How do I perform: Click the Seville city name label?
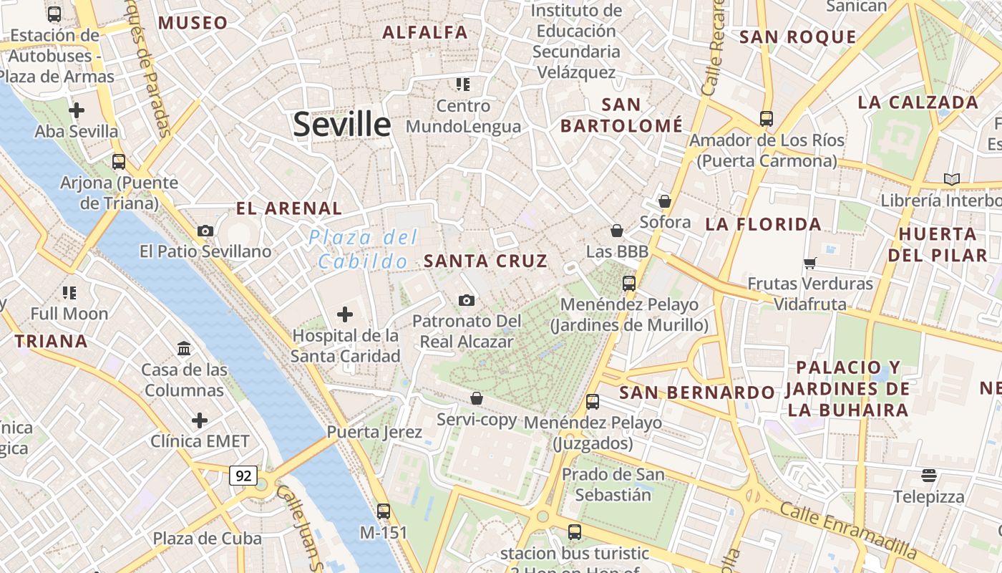tap(341, 125)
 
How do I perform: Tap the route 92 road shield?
tap(243, 475)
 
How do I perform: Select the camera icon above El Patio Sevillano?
tap(205, 231)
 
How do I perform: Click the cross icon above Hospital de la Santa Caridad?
tap(345, 314)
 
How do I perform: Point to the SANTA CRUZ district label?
tap(485, 261)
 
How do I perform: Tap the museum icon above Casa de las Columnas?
tap(184, 349)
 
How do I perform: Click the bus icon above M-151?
tap(384, 511)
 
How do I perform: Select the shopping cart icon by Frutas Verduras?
tap(810, 263)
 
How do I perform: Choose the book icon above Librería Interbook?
tap(952, 179)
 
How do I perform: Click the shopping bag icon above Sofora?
tap(665, 201)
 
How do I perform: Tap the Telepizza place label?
tap(928, 496)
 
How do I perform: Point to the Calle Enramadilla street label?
tap(847, 531)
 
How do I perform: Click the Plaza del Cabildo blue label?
tap(364, 249)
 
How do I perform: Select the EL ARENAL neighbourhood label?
tap(289, 209)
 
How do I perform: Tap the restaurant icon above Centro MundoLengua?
tap(463, 85)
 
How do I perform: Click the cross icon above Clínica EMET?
tap(200, 420)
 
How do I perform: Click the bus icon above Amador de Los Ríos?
tap(767, 118)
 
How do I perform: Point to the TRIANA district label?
tap(52, 342)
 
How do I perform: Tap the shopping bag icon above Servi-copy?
tap(477, 398)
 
